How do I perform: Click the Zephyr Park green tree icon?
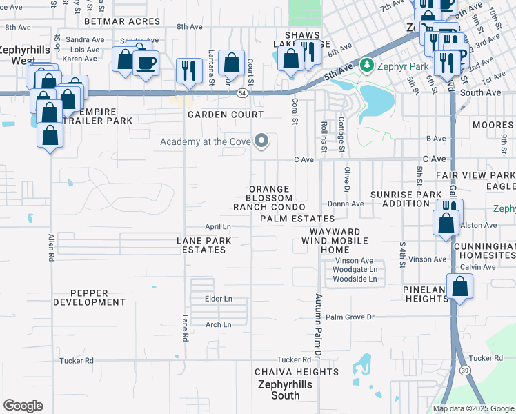[x=366, y=66]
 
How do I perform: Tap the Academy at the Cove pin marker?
[x=261, y=141]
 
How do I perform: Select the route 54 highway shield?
[x=242, y=92]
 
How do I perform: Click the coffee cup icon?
[x=146, y=64]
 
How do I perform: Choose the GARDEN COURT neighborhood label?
[x=226, y=115]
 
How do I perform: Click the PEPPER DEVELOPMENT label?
[x=89, y=297]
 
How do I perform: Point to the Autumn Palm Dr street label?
[x=319, y=324]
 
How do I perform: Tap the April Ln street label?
[x=218, y=226]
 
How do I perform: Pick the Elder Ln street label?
[x=219, y=298]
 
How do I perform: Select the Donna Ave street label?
[x=346, y=204]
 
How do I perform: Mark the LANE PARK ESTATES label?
[x=204, y=245]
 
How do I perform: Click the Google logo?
[x=23, y=406]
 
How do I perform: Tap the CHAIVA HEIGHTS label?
[x=286, y=372]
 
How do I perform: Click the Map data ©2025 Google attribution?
[x=473, y=408]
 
